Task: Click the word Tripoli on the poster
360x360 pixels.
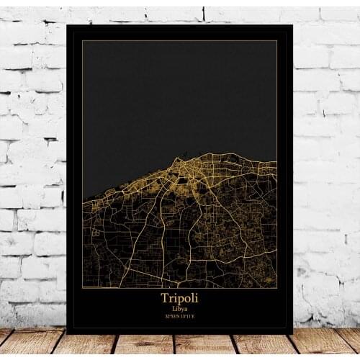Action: pyautogui.click(x=179, y=297)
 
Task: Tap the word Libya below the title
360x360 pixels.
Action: pyautogui.click(x=179, y=307)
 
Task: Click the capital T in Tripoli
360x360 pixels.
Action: pyautogui.click(x=163, y=297)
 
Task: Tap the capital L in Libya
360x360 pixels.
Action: pyautogui.click(x=173, y=307)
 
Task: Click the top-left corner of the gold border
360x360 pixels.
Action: pyautogui.click(x=82, y=41)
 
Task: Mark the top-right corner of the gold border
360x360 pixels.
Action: pyautogui.click(x=277, y=41)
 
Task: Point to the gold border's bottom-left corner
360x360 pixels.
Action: pyautogui.click(x=82, y=288)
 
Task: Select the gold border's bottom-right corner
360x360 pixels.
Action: pyautogui.click(x=277, y=288)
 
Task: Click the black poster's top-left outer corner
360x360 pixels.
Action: pyautogui.click(x=67, y=25)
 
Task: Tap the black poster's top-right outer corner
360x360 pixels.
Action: pyautogui.click(x=292, y=25)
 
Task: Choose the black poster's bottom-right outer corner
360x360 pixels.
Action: pyautogui.click(x=292, y=333)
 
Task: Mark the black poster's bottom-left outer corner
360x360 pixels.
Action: pyautogui.click(x=67, y=333)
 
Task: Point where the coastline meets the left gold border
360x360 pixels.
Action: pyautogui.click(x=83, y=199)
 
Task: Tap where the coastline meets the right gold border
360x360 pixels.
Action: pyautogui.click(x=276, y=161)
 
